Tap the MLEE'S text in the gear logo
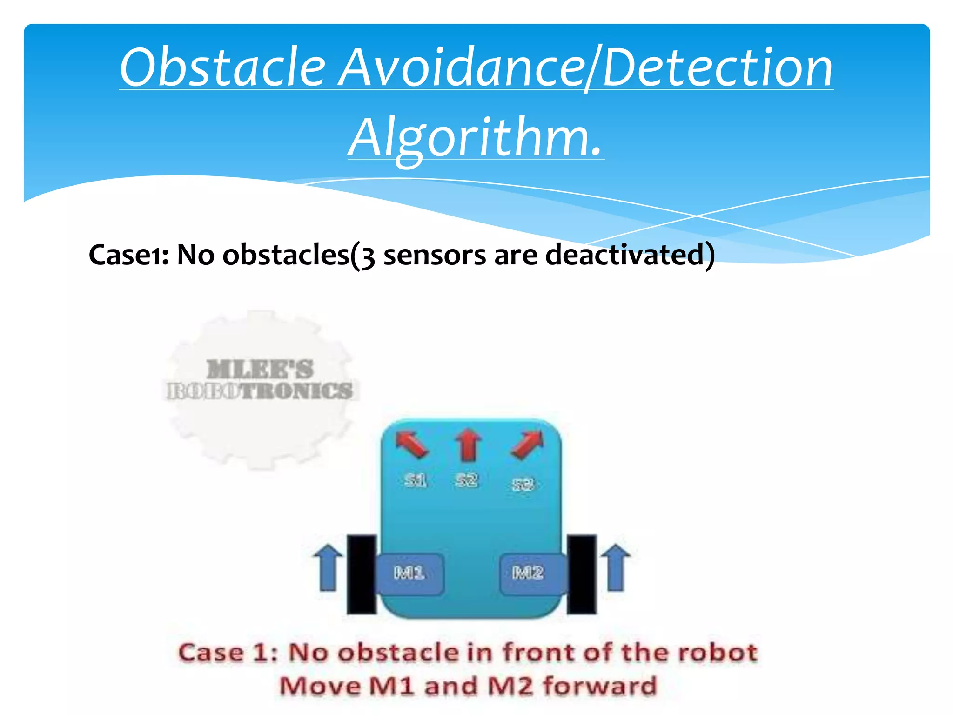260,369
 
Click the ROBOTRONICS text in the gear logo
260,391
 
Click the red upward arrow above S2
468,445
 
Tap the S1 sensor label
415,480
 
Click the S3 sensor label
523,485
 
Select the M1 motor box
409,573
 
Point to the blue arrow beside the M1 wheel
328,567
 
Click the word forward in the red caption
600,686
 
